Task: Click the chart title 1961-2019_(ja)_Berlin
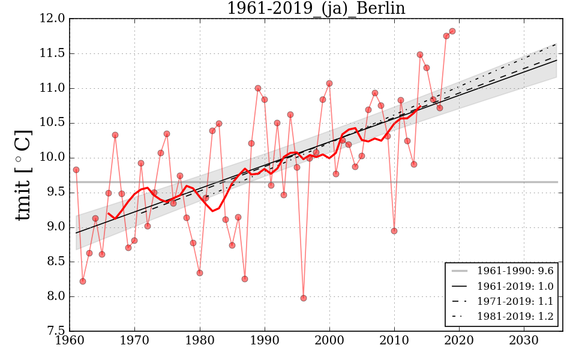316,9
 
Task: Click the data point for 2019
452,31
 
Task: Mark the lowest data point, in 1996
304,298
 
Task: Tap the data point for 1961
76,170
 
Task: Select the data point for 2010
394,231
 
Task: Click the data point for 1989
258,88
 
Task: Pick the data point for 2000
329,83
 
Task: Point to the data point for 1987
245,279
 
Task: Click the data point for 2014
420,55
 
